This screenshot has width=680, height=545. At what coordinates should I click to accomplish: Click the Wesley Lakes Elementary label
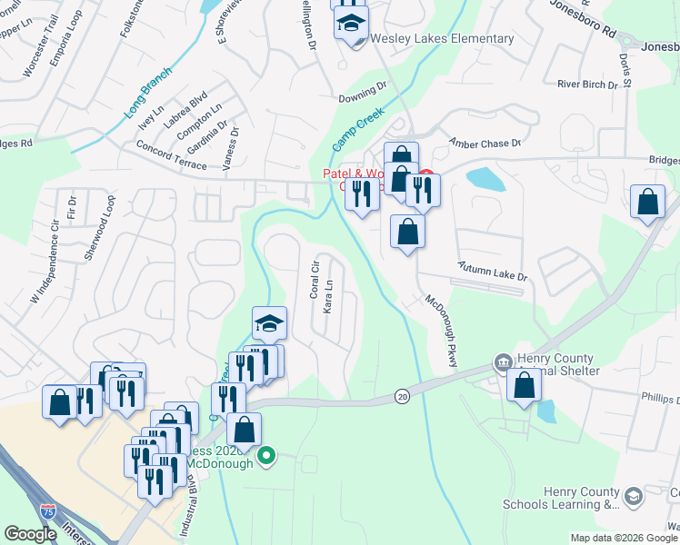click(442, 39)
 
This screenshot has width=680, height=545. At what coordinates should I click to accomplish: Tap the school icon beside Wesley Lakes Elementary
click(348, 24)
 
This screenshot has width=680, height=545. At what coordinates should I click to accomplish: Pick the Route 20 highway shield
click(401, 395)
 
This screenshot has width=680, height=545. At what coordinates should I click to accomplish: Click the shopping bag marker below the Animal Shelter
click(524, 384)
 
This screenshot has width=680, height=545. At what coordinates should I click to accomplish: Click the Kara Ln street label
click(328, 296)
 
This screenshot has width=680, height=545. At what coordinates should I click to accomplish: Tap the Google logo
click(31, 533)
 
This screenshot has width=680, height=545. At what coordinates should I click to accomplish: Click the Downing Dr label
click(363, 93)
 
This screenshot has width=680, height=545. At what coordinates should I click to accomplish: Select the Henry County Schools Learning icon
click(632, 496)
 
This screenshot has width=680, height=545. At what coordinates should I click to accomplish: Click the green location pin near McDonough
click(266, 455)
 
